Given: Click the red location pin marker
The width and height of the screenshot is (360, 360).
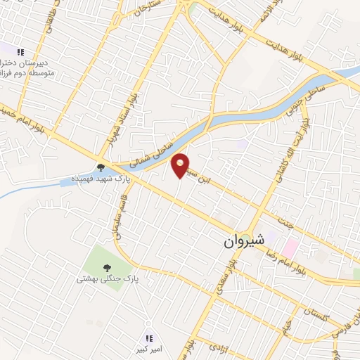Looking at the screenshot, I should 181,165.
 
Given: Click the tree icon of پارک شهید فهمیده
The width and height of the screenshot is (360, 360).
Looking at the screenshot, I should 101,167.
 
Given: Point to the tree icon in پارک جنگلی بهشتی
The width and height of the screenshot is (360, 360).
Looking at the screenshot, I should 107,267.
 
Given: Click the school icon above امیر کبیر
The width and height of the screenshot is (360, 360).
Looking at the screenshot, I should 149,338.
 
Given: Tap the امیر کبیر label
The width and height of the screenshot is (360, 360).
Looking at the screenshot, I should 150,349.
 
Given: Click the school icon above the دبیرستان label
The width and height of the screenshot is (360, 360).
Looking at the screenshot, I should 20,52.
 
